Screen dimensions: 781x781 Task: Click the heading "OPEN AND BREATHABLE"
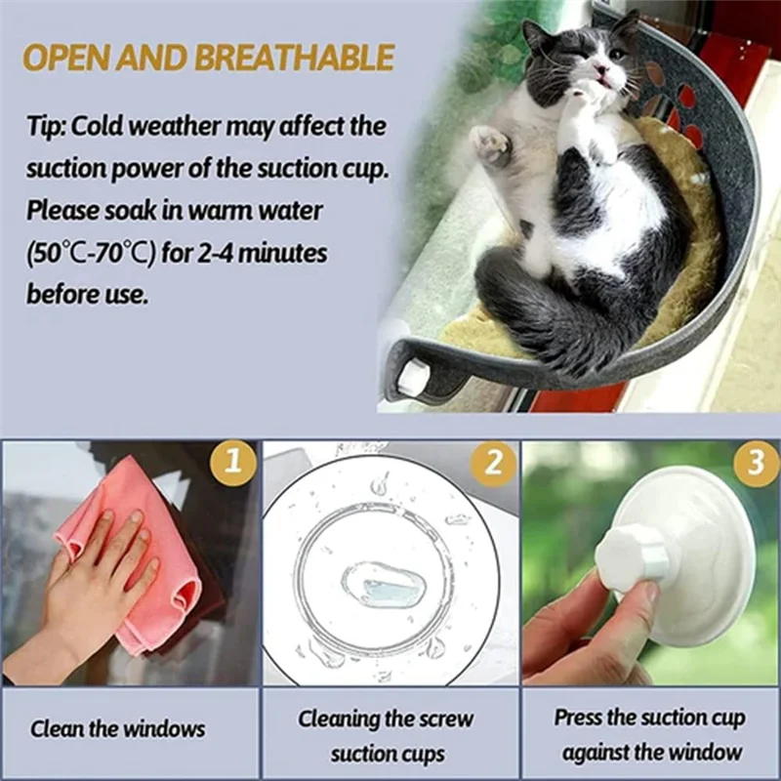tap(208, 58)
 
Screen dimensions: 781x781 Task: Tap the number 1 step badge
tap(232, 463)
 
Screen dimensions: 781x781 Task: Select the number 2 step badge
tap(494, 463)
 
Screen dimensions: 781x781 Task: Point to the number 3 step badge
tap(756, 463)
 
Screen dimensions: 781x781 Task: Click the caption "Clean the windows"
tap(117, 728)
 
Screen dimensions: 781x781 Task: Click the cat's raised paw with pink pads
tap(491, 143)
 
